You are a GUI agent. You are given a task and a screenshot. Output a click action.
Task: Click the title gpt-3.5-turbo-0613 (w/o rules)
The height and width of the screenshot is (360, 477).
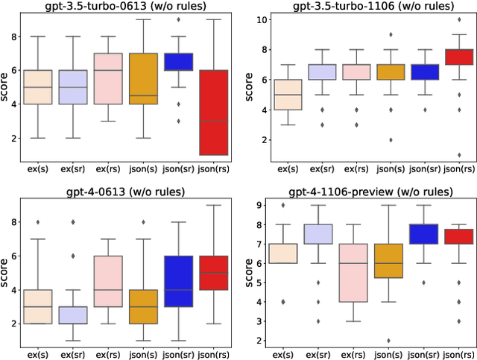(127, 7)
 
